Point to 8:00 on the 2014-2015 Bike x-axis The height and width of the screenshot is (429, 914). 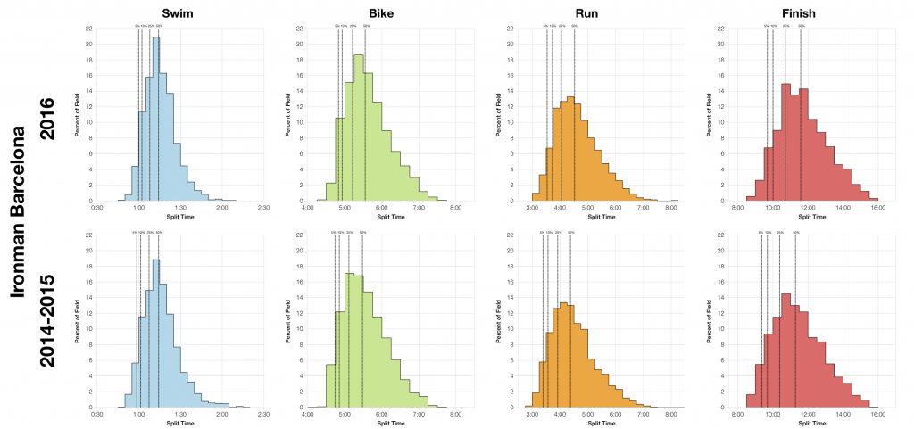456,415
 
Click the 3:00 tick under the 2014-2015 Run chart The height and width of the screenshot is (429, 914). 532,415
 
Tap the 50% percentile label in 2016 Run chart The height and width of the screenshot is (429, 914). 574,27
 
